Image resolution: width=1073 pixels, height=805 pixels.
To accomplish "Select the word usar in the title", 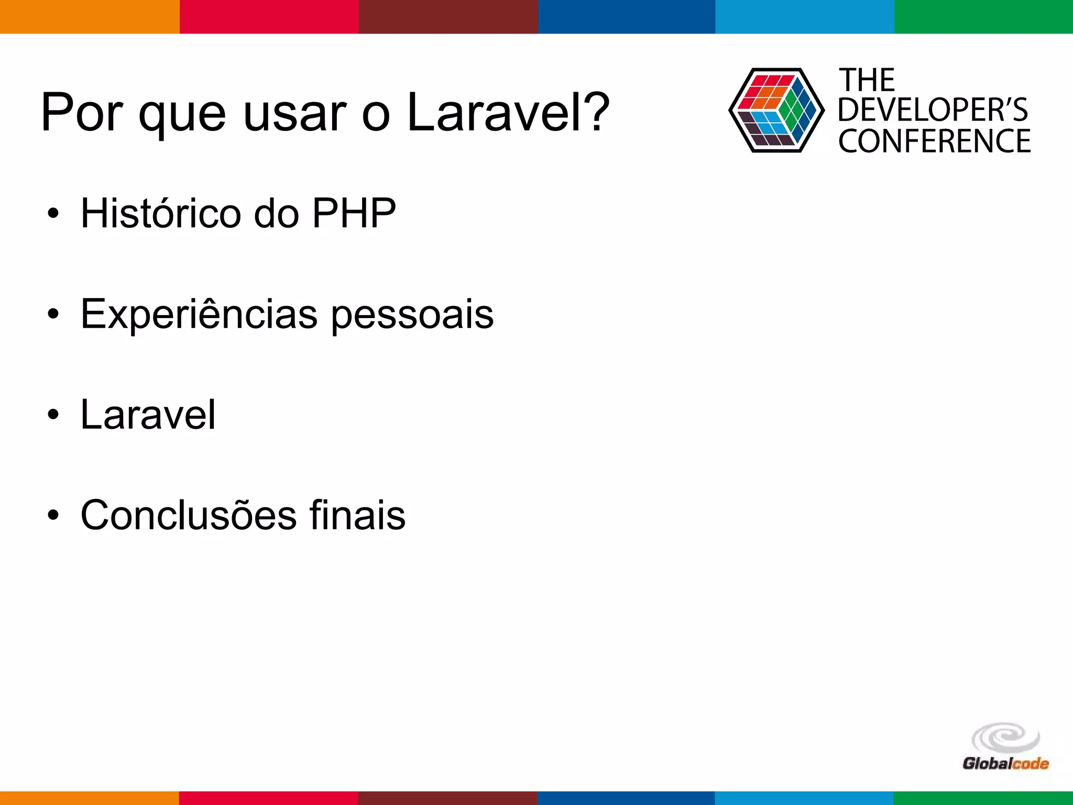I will (295, 113).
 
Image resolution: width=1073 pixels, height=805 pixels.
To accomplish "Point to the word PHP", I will (354, 213).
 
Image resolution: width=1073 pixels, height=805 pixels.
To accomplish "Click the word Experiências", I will (199, 314).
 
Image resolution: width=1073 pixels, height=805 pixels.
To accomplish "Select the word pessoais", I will (412, 314).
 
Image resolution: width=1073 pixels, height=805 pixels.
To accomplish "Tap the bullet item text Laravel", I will (148, 415).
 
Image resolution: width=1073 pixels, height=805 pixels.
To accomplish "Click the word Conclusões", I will (189, 515).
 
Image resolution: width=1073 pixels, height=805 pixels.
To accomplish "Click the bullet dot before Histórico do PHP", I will (53, 214).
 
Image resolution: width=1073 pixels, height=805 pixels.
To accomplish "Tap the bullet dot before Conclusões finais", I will (53, 516).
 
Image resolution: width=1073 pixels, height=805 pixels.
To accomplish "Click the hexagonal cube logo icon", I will (776, 111).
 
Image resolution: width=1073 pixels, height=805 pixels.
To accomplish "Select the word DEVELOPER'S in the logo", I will (933, 110).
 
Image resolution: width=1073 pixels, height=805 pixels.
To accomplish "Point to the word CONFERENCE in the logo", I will (934, 142).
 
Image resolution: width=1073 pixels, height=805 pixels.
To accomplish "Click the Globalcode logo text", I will (1005, 763).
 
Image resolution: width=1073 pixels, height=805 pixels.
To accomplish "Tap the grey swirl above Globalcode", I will (1005, 738).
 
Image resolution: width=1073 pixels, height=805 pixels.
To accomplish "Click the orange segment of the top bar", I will (89, 17).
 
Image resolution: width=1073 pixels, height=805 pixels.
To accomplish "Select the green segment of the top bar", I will (983, 17).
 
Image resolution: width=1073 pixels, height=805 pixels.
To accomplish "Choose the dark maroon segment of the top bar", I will (448, 17).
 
